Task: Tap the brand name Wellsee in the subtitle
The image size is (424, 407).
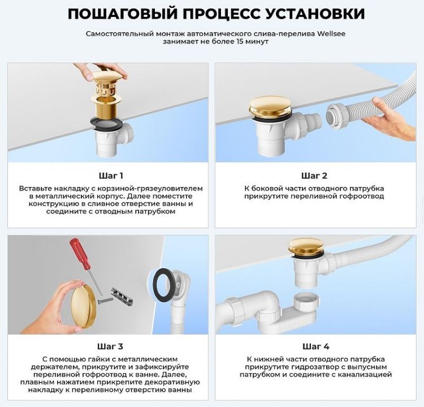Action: [330, 33]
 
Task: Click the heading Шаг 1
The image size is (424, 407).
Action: [110, 175]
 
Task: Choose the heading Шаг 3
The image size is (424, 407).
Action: [110, 346]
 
